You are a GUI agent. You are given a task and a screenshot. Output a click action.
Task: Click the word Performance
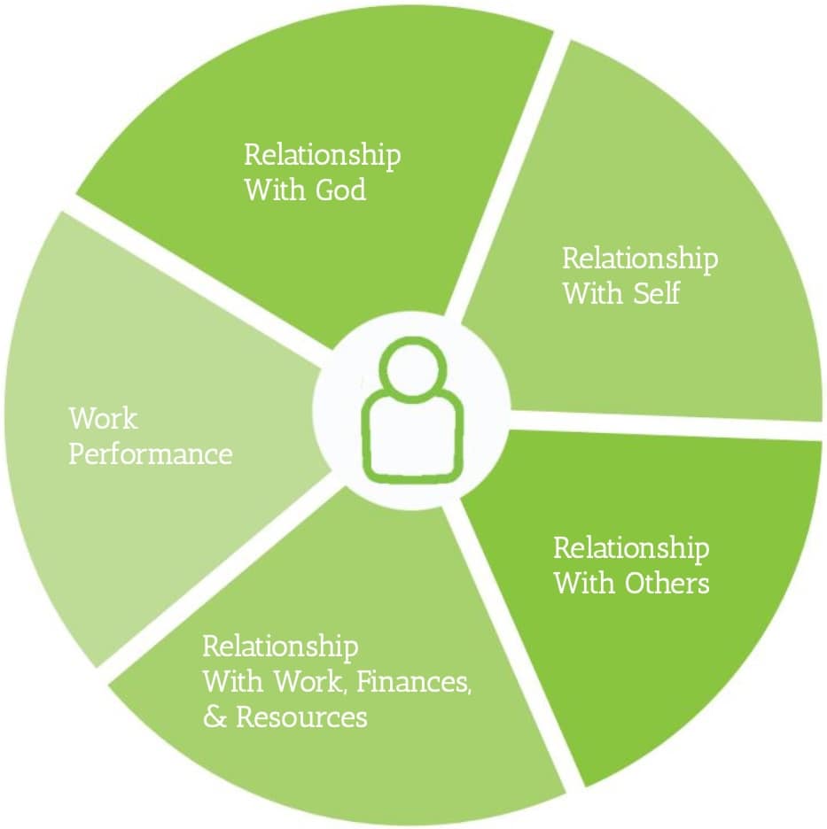point(151,454)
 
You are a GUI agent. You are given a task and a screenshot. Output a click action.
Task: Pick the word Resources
point(301,717)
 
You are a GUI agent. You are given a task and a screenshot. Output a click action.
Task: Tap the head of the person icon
point(412,371)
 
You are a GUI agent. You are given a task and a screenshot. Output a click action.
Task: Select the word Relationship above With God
point(322,156)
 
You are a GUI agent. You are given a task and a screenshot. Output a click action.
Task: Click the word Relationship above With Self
point(640,259)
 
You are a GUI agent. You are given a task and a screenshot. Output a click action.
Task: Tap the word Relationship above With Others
point(631,549)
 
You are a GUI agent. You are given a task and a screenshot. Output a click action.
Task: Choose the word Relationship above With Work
point(280,647)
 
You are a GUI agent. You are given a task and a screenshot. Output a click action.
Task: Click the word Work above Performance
point(103,418)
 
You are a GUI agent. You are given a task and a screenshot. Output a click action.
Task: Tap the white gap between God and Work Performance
point(195,283)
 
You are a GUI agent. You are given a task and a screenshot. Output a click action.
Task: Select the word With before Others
point(581,584)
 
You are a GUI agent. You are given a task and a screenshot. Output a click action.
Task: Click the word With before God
point(270,190)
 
